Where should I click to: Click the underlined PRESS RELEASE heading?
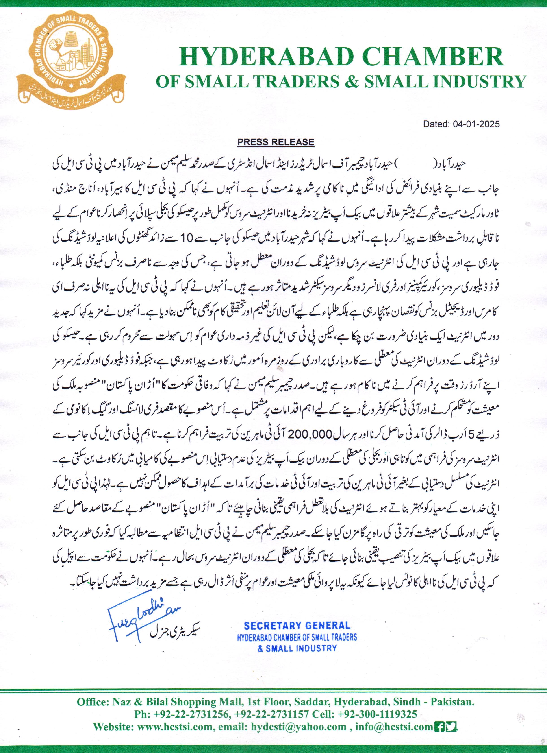click(276, 142)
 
